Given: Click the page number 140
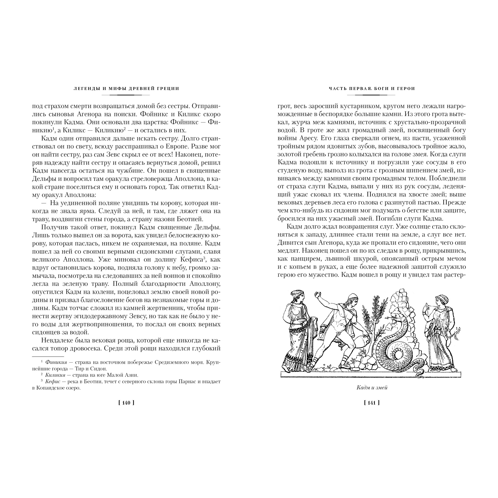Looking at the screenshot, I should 126,403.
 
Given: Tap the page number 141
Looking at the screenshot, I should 372,403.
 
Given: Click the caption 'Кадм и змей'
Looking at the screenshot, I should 372,388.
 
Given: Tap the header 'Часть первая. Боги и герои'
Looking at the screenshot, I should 372,88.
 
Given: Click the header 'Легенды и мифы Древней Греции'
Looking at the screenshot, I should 126,88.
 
